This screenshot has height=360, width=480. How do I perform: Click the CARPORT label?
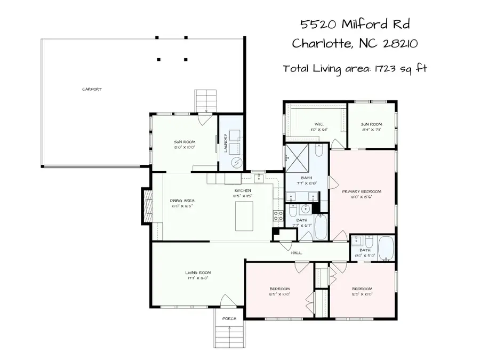click(x=92, y=90)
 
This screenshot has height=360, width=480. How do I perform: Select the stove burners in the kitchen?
click(x=278, y=216)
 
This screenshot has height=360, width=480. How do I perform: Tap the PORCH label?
click(x=229, y=319)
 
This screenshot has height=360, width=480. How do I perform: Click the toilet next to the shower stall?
click(x=318, y=153)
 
